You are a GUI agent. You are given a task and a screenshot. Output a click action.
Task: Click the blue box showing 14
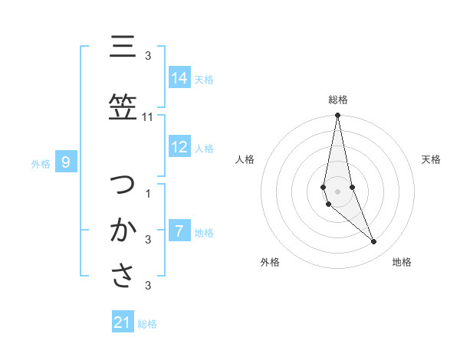point(179,78)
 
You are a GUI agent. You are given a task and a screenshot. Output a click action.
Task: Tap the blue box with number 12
point(179,147)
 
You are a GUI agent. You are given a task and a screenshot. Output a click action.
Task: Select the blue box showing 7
point(179,231)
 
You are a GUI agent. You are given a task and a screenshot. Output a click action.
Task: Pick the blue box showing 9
point(66,162)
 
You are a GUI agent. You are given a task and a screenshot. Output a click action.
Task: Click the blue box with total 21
point(123,322)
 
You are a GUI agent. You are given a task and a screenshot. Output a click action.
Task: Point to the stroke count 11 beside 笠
point(148,117)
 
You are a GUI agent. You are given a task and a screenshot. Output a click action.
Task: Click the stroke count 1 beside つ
point(148,193)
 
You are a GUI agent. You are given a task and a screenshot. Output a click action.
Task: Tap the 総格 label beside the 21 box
point(147,324)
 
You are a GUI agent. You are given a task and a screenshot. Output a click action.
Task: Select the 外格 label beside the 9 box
point(41,163)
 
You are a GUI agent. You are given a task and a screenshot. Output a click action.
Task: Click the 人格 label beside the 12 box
point(204,148)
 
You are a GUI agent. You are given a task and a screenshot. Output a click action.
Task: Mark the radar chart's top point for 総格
point(337,115)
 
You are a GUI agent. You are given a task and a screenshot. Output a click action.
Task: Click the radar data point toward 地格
point(374,242)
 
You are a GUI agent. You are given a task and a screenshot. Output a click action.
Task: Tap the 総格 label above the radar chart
point(338,100)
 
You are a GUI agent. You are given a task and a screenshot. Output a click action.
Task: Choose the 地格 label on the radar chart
point(402,262)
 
